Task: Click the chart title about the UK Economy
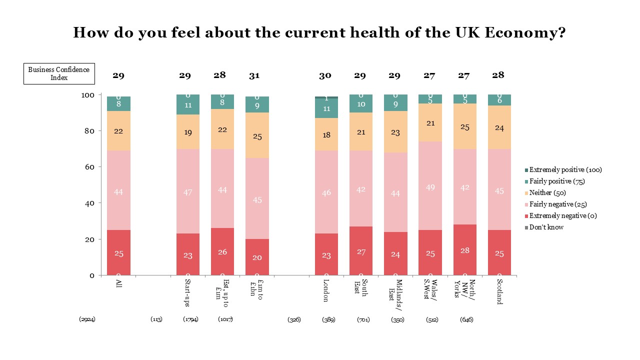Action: coord(319,33)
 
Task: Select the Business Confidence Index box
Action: coord(59,73)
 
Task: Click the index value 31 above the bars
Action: coord(254,76)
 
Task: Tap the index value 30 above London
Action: coord(325,76)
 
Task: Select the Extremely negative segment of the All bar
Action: coord(118,252)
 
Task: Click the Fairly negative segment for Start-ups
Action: coord(188,191)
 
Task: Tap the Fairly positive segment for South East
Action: coord(360,104)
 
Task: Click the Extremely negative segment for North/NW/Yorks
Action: coord(464,249)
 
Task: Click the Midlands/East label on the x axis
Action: coord(395,289)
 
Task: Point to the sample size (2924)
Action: coord(87,319)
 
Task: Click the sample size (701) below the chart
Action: coord(363,319)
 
